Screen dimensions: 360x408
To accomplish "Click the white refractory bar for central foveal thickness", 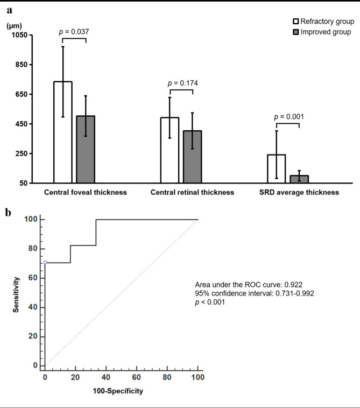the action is [63, 132].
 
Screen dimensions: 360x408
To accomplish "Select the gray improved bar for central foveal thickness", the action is [86, 149].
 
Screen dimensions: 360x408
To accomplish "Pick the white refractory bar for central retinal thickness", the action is [170, 150].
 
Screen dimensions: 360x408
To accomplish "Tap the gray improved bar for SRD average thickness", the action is [299, 179].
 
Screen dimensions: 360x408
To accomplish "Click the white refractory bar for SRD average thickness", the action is [277, 168].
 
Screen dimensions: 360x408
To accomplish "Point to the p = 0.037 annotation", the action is [74, 32].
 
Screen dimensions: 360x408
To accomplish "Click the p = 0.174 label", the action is [182, 83].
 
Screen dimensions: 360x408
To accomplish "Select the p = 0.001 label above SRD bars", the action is [289, 117].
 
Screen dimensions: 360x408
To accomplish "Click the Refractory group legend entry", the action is [323, 22].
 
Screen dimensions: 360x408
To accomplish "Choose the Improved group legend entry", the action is [322, 32].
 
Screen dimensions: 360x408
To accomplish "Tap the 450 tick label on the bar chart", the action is [22, 124].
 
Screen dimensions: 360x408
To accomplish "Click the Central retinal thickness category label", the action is [192, 192].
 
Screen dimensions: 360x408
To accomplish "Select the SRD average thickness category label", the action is [299, 192].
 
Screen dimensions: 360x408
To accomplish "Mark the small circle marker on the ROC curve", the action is [45, 262].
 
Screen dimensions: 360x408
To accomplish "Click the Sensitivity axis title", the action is [16, 294].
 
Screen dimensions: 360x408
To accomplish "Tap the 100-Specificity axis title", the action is [118, 391].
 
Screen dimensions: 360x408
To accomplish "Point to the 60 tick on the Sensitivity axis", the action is [33, 278].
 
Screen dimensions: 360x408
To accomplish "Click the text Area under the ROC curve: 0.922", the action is [249, 285].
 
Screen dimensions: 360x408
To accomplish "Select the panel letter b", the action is [8, 213].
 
